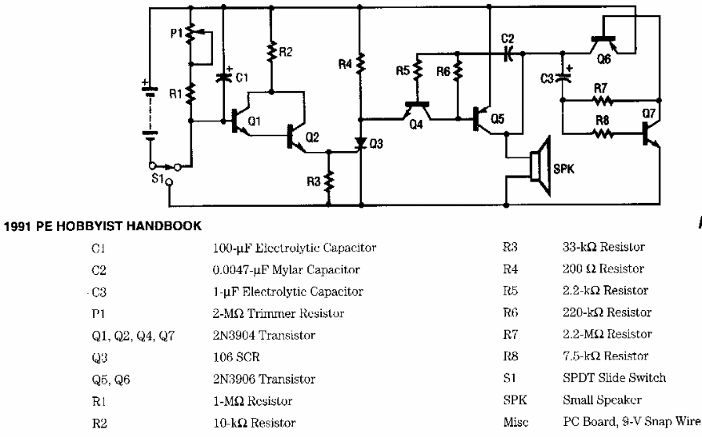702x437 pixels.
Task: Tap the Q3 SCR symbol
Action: click(360, 144)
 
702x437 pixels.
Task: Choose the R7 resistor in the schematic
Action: click(601, 101)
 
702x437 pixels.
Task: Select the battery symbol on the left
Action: click(146, 110)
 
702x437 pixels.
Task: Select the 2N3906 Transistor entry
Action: click(264, 379)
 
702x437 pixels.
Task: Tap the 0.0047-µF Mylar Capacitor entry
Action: click(286, 270)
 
